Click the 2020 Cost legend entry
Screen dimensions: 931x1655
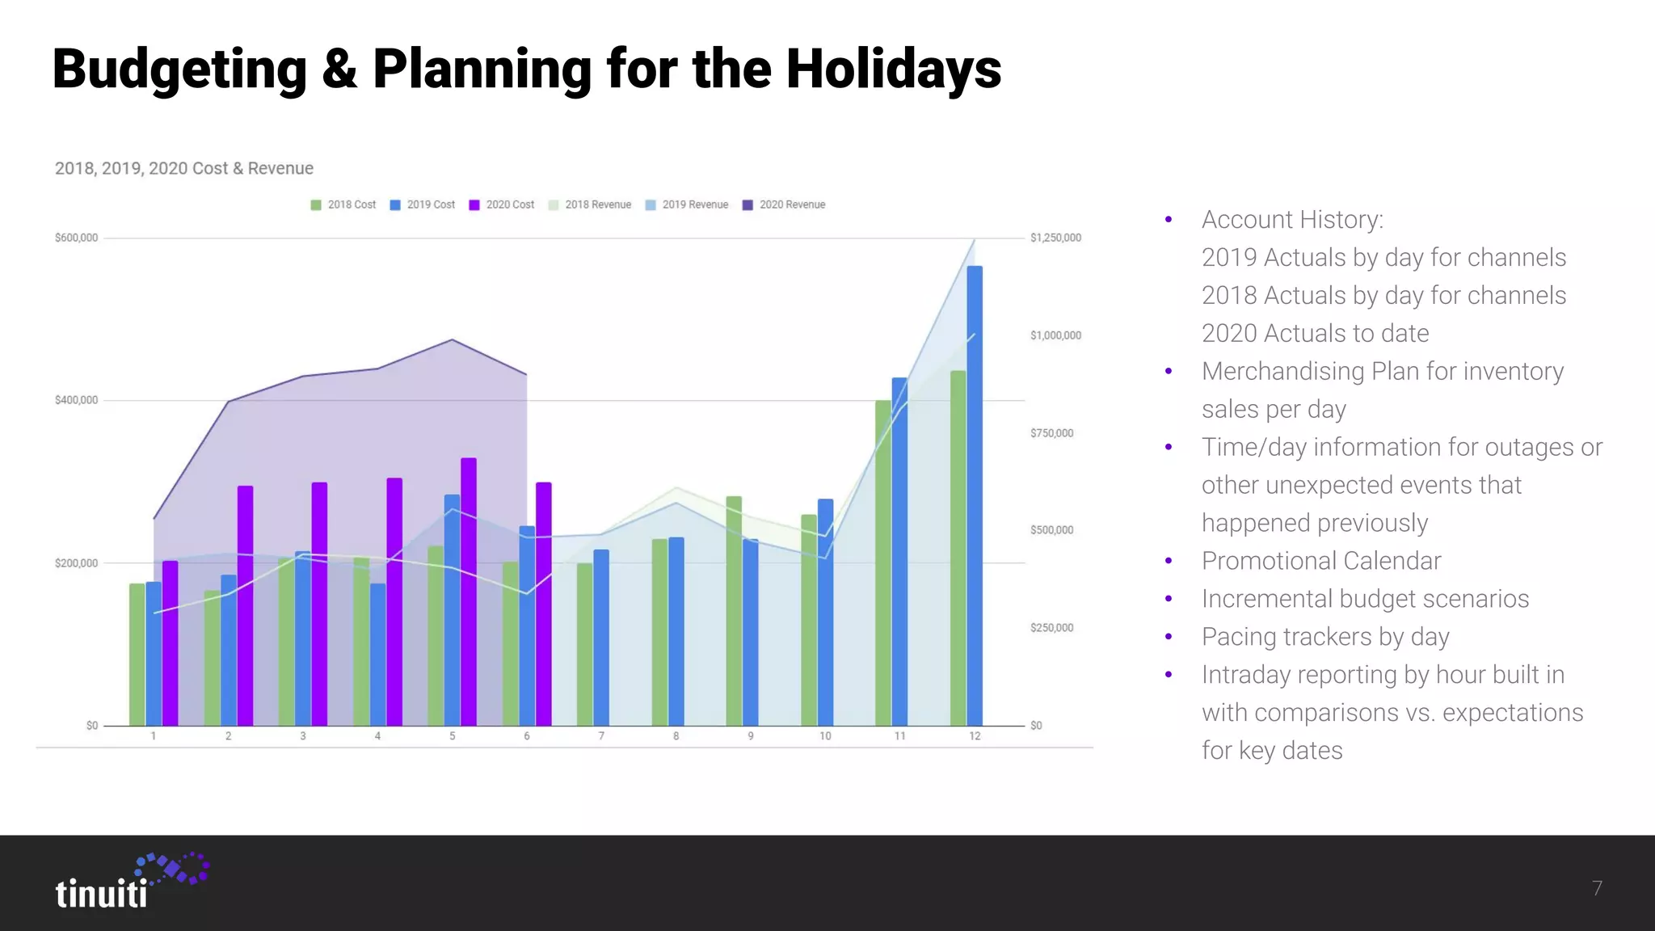pos(502,204)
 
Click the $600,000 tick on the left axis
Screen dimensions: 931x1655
pos(76,238)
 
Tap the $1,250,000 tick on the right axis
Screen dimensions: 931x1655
pos(1055,238)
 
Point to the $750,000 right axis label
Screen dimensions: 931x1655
pos(1051,433)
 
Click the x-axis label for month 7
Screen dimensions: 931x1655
pos(601,736)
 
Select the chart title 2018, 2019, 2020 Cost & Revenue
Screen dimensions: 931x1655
pos(184,168)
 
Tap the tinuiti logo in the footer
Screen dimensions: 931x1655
pos(129,882)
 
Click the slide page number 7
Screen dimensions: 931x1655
pos(1597,888)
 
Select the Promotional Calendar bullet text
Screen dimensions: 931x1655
pos(1320,561)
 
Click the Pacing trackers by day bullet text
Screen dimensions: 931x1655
pos(1325,637)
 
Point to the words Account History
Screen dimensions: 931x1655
pos(1291,220)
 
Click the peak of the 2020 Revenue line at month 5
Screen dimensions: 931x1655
pos(453,339)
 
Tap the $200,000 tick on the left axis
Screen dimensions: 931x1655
pos(76,563)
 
